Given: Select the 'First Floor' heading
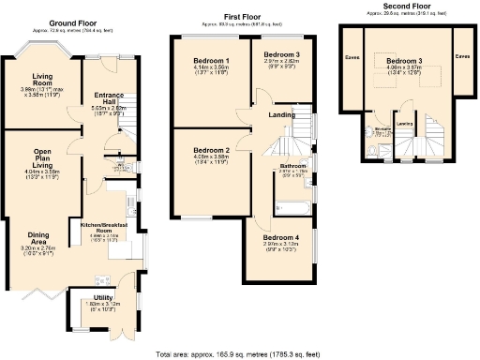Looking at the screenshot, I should pyautogui.click(x=243, y=17).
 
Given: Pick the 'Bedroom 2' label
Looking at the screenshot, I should pyautogui.click(x=211, y=150).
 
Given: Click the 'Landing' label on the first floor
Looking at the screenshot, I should pyautogui.click(x=282, y=114).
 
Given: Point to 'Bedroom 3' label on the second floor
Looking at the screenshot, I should pyautogui.click(x=404, y=61).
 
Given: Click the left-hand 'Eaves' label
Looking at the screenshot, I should pyautogui.click(x=352, y=56).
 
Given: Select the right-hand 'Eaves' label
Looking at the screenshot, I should pyautogui.click(x=462, y=56).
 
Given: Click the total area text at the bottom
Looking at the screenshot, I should pyautogui.click(x=242, y=353).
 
